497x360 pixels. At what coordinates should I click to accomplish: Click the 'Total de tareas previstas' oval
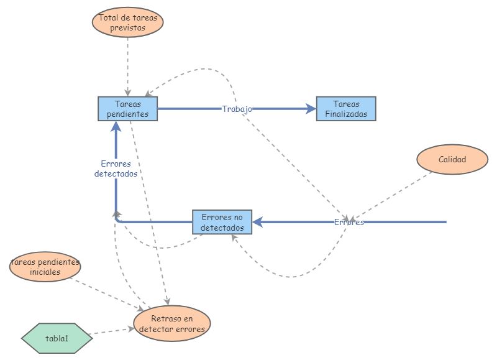click(128, 22)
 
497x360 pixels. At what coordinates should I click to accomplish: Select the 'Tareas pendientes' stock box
click(127, 109)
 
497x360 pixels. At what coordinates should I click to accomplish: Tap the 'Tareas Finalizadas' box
click(346, 109)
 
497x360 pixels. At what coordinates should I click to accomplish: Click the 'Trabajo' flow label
click(237, 109)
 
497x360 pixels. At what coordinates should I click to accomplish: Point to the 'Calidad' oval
click(452, 159)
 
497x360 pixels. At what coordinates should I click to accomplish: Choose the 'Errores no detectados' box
click(222, 222)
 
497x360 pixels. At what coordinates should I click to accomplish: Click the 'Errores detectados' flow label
click(116, 169)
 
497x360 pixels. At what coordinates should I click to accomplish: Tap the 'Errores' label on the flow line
click(349, 222)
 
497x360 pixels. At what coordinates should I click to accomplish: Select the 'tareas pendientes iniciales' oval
click(45, 267)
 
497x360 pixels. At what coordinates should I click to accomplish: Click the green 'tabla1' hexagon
click(57, 338)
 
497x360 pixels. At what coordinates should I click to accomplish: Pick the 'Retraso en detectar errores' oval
click(172, 324)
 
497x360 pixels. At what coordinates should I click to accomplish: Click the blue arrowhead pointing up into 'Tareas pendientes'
click(116, 126)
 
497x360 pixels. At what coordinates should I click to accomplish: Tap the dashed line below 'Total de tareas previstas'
click(128, 62)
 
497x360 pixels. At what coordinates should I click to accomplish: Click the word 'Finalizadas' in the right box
click(346, 114)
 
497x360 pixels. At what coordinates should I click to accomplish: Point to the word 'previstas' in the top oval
click(128, 27)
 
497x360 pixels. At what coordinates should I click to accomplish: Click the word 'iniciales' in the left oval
click(45, 272)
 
